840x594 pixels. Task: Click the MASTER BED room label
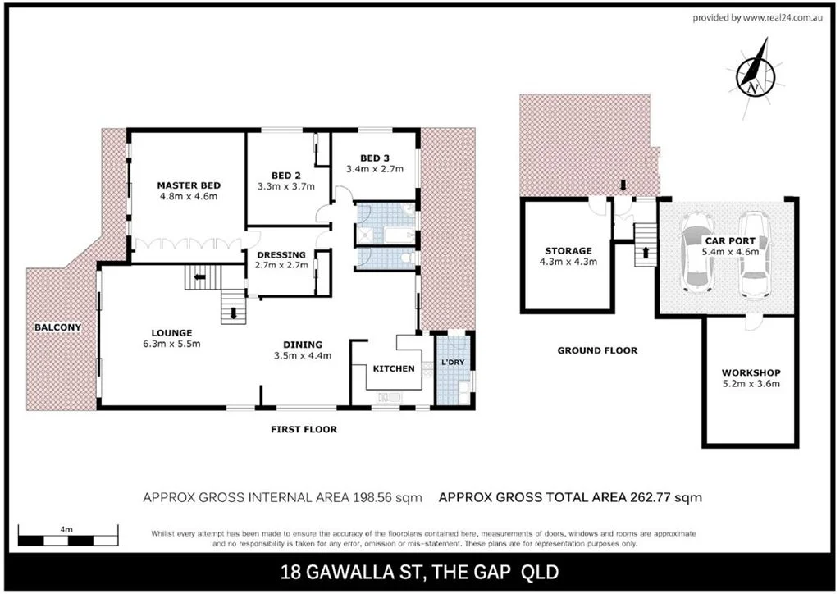(189, 185)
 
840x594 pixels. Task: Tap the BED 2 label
(286, 174)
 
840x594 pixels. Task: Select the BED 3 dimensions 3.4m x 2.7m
(372, 170)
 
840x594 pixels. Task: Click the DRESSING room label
(281, 254)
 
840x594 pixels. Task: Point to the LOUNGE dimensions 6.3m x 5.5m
(170, 343)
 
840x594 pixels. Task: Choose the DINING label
(303, 344)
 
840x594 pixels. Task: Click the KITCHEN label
(394, 368)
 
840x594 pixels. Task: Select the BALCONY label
(57, 327)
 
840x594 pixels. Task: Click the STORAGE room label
(568, 250)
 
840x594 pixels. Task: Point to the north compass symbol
(756, 77)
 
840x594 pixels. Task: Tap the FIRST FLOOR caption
(304, 429)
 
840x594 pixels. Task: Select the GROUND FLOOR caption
(596, 350)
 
